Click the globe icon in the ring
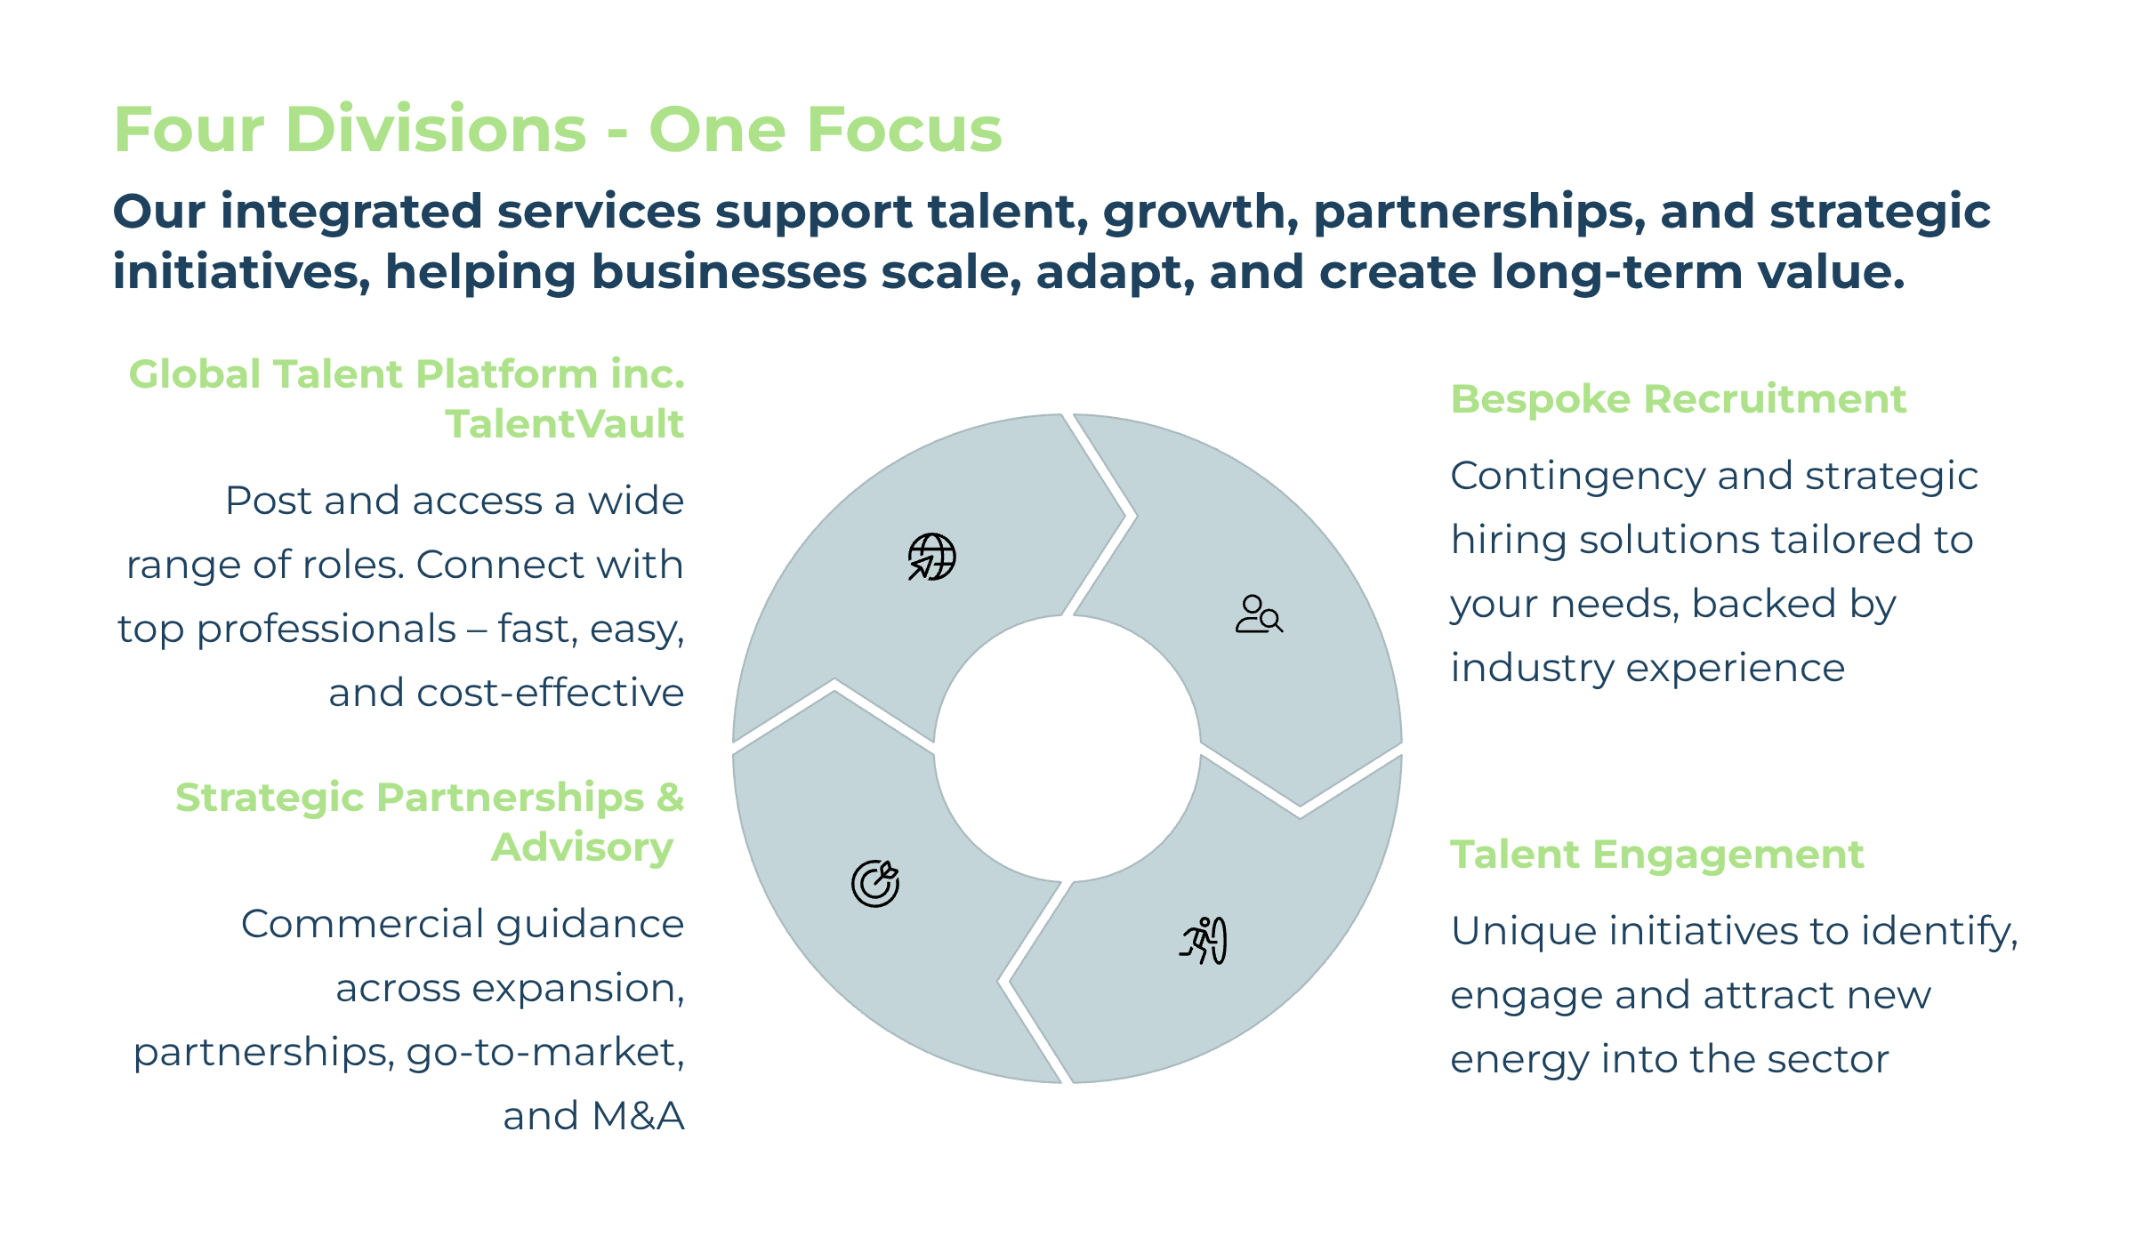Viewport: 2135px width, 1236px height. pos(931,557)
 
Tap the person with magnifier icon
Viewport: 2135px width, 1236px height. pos(1259,614)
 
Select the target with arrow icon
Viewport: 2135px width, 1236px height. pos(875,883)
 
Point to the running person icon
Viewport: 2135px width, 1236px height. pos(1204,941)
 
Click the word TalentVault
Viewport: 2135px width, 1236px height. pos(565,423)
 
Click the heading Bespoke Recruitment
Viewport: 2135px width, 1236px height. pos(1679,398)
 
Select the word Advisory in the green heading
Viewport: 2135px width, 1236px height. pos(583,847)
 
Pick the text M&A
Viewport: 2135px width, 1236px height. pos(638,1116)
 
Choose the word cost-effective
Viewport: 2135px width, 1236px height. pos(551,693)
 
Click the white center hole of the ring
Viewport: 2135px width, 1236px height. pos(1067,749)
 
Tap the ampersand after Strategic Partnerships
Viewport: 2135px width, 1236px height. pos(670,797)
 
